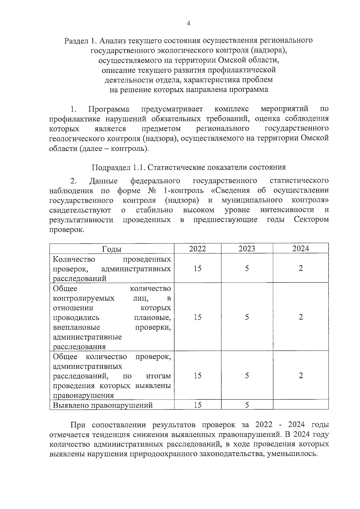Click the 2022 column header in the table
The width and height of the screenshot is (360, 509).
tap(197, 249)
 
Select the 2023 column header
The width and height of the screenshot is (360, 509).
tap(247, 249)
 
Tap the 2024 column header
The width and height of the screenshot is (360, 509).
tap(301, 248)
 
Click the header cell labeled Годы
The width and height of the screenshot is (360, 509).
tap(112, 249)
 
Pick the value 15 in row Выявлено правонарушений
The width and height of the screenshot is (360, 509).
tap(197, 405)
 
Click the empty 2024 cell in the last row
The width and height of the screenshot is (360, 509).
tap(301, 405)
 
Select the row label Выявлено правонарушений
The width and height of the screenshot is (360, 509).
tap(103, 406)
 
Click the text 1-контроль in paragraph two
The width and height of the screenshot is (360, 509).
tap(184, 190)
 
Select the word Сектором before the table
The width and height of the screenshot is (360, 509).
tap(311, 220)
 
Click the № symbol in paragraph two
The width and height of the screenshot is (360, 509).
tap(151, 190)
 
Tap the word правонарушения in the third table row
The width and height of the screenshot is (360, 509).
tap(83, 396)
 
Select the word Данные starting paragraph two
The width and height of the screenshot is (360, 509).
tap(103, 181)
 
